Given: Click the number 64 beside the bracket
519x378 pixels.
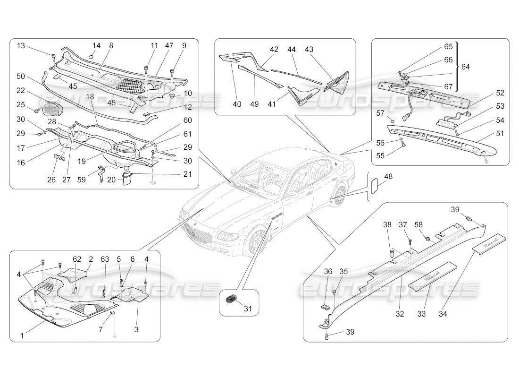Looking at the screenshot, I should click(x=466, y=67).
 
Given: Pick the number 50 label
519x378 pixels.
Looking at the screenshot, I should click(x=20, y=76).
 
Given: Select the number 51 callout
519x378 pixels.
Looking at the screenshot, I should click(x=500, y=134).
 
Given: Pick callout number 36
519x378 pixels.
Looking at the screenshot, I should click(x=328, y=271).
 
